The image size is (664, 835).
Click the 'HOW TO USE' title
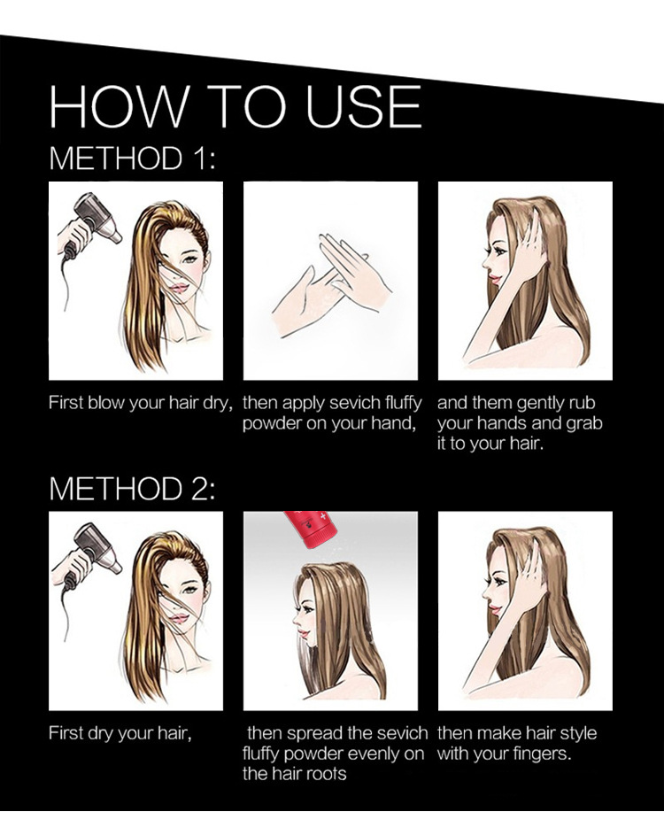pyautogui.click(x=235, y=106)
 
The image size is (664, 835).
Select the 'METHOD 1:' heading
pyautogui.click(x=133, y=158)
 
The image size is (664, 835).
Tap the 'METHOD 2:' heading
pyautogui.click(x=133, y=488)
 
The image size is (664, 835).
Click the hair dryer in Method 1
pyautogui.click(x=91, y=223)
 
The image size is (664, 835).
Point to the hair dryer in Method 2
pyautogui.click(x=91, y=553)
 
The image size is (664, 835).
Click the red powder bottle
pyautogui.click(x=309, y=527)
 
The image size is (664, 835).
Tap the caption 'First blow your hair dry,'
pyautogui.click(x=141, y=403)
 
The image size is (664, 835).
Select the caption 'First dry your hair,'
pyautogui.click(x=120, y=734)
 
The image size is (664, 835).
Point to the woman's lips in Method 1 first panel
pyautogui.click(x=180, y=288)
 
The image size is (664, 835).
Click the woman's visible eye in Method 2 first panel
pyautogui.click(x=190, y=590)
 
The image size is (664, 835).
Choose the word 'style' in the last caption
pyautogui.click(x=575, y=734)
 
